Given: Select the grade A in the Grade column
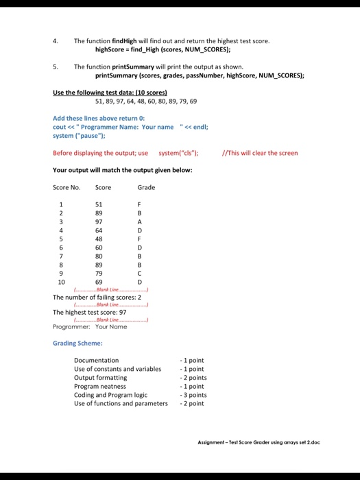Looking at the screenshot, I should [x=140, y=221].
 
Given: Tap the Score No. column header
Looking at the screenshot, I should [x=67, y=187].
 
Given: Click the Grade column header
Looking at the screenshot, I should [x=146, y=187].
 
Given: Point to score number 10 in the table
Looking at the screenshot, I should [x=62, y=282].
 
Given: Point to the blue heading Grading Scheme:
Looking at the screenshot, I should [x=77, y=343].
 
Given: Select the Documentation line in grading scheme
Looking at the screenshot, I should [x=96, y=360].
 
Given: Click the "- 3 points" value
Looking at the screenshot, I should [x=193, y=395].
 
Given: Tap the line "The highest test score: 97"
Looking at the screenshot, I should [x=89, y=312].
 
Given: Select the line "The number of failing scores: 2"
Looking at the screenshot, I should [x=97, y=297].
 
